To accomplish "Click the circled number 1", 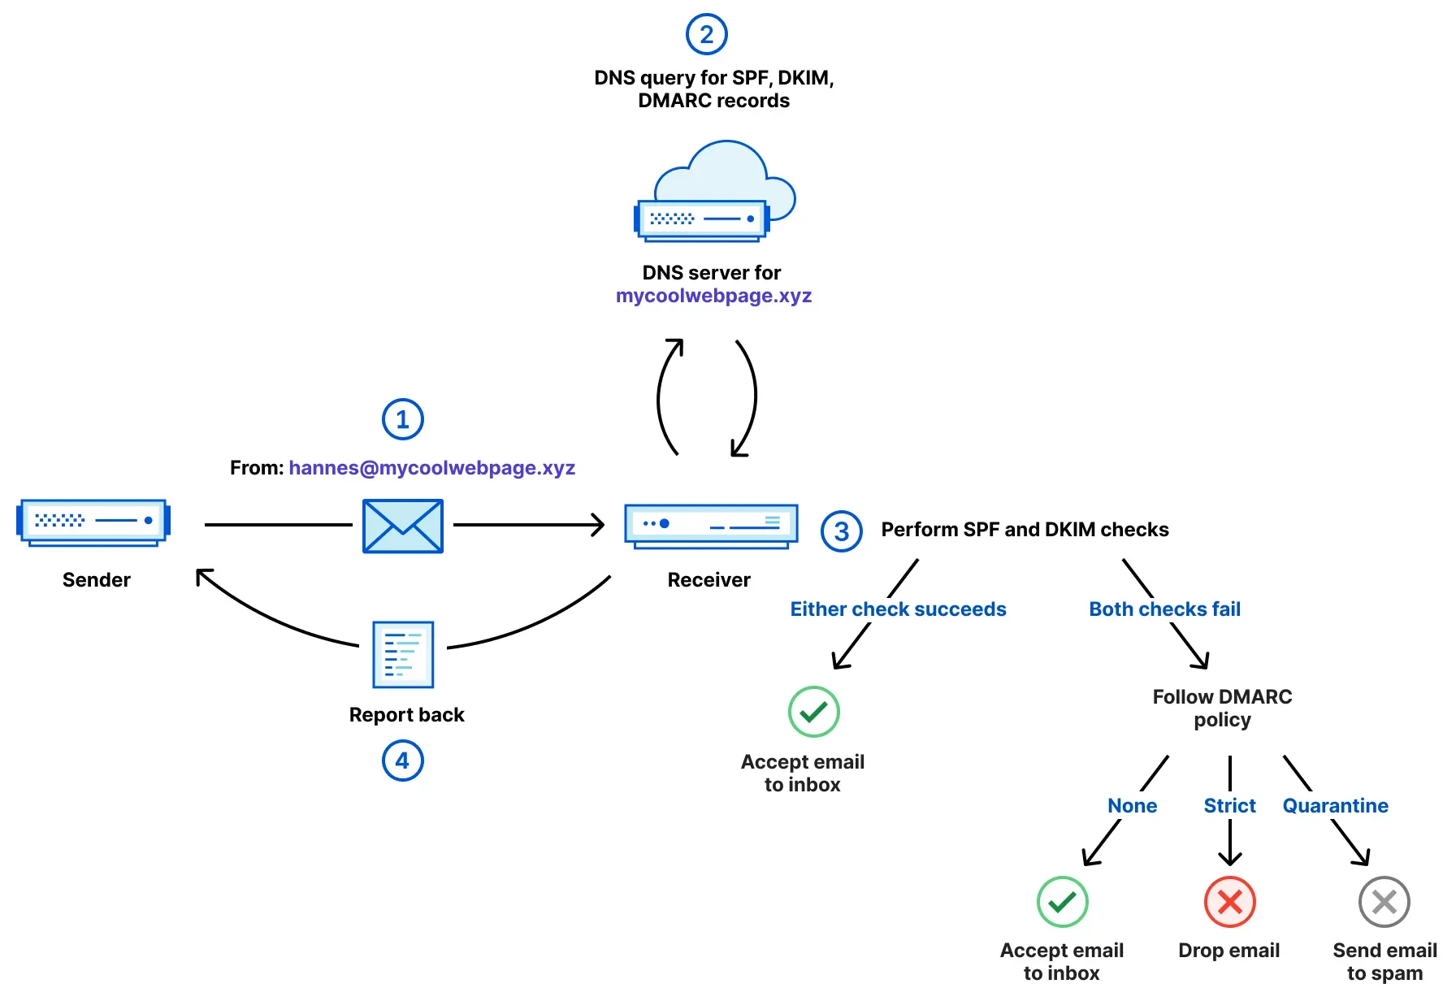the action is [403, 419].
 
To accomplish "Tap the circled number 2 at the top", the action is [707, 34].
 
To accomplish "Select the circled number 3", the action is [842, 531].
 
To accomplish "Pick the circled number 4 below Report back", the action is [403, 760].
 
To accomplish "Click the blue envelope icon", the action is [403, 526].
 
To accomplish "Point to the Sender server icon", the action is [93, 522].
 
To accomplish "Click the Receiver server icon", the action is [711, 526].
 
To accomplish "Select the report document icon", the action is [403, 655].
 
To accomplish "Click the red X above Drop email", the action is [1230, 902].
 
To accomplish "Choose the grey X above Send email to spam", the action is [1384, 902].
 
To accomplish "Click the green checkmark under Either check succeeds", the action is [814, 712].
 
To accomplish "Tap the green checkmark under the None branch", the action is [1063, 902].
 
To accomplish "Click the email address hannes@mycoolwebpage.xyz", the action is [432, 468].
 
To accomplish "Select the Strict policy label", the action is [1230, 806].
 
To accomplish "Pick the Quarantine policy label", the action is [1336, 806].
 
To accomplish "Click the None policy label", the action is [1133, 806].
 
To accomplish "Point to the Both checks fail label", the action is [1165, 609].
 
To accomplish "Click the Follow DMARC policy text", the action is [1222, 708].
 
